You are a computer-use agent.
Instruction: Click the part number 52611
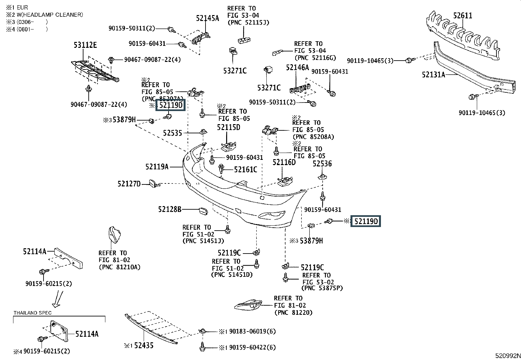pos(462,16)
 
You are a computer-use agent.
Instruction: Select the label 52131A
pos(433,74)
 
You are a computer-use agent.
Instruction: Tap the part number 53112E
pos(85,45)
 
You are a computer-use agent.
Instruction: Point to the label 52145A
pos(207,18)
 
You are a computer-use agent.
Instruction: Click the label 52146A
pos(297,67)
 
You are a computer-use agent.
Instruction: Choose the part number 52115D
pos(228,127)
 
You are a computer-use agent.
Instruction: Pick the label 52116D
pos(284,162)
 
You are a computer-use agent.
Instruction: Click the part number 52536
pos(322,164)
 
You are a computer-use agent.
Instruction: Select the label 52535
pos(172,133)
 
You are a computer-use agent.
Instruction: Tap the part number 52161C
pos(245,170)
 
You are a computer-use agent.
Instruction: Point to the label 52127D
pos(129,184)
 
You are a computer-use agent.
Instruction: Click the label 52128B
pos(170,209)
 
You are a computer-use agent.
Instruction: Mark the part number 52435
pos(144,345)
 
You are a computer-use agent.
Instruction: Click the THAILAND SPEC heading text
pos(33,313)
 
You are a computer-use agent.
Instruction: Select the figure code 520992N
pos(508,356)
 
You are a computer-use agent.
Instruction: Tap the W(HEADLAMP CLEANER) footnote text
pos(50,15)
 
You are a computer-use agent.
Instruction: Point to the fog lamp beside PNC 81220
pos(248,305)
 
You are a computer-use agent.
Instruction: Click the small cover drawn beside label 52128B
pos(203,211)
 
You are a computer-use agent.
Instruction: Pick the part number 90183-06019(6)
pos(252,332)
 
